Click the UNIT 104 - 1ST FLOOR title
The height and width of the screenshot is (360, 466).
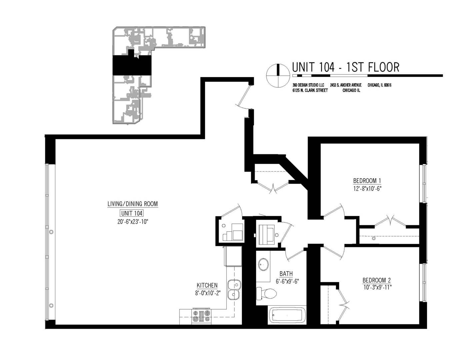pyautogui.click(x=345, y=67)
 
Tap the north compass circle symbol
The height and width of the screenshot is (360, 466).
pyautogui.click(x=278, y=75)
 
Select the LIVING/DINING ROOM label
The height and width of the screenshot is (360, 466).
pyautogui.click(x=132, y=204)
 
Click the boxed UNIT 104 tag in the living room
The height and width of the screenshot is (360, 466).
pyautogui.click(x=132, y=213)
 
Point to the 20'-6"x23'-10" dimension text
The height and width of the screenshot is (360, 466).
pyautogui.click(x=132, y=222)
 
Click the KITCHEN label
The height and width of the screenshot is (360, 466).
pyautogui.click(x=207, y=285)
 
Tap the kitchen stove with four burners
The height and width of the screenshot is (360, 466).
pyautogui.click(x=201, y=316)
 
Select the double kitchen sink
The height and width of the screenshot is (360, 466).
pyautogui.click(x=234, y=290)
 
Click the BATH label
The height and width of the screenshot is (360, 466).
pyautogui.click(x=286, y=274)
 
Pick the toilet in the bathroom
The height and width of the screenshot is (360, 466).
pyautogui.click(x=266, y=293)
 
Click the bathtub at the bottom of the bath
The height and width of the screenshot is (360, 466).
pyautogui.click(x=287, y=315)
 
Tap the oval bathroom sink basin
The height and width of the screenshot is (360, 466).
pyautogui.click(x=263, y=264)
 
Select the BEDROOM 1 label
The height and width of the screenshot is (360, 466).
pyautogui.click(x=367, y=181)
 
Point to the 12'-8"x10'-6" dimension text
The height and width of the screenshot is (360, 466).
pyautogui.click(x=367, y=188)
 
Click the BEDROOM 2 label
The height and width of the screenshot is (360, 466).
pyautogui.click(x=377, y=280)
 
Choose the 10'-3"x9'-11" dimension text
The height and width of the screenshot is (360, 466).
pyautogui.click(x=377, y=287)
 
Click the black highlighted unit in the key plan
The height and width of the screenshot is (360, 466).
pyautogui.click(x=132, y=65)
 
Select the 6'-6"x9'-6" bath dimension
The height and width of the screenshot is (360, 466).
pyautogui.click(x=287, y=281)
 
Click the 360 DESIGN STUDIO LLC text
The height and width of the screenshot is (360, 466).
pyautogui.click(x=308, y=85)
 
